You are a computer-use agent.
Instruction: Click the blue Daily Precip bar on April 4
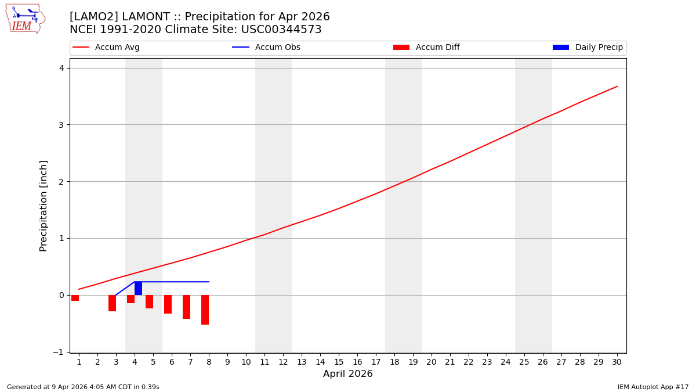click(138, 288)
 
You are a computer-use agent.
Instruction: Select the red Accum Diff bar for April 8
click(205, 310)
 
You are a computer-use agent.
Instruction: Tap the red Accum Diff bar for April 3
click(112, 303)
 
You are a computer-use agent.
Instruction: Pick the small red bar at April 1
click(75, 297)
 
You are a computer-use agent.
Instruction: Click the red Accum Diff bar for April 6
click(168, 304)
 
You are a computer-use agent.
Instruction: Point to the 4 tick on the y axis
click(61, 68)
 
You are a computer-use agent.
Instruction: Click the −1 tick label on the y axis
click(59, 352)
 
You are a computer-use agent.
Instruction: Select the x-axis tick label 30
click(617, 362)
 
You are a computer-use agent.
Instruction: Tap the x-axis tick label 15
click(339, 362)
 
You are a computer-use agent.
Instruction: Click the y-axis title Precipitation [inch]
click(43, 206)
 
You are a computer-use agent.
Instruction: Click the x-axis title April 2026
click(347, 374)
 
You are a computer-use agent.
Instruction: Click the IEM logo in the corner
click(25, 19)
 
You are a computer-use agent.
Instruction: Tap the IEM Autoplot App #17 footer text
click(652, 387)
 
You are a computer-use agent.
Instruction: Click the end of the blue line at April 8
click(209, 282)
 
